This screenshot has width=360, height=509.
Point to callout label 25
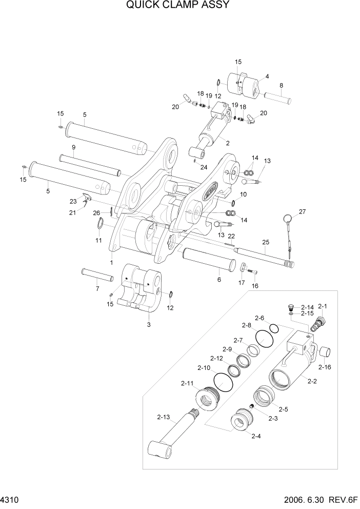(x=265, y=242)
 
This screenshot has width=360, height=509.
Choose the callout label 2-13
(x=163, y=417)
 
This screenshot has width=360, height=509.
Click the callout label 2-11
(x=187, y=383)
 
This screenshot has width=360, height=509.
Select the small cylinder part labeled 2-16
(x=325, y=353)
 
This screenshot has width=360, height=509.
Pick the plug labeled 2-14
(x=291, y=307)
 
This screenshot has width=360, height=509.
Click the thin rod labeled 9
(x=89, y=165)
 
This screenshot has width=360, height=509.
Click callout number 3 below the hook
(x=148, y=325)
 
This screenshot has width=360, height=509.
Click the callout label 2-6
(x=259, y=318)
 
